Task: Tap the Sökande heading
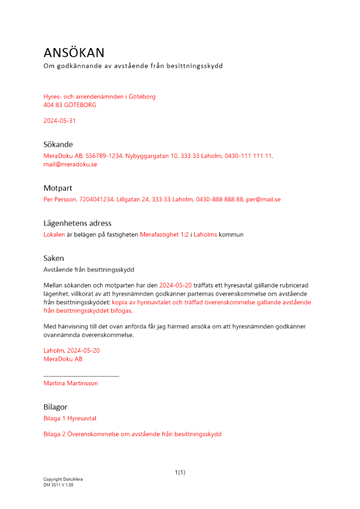(58, 145)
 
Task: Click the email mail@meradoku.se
(70, 164)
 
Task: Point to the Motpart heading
(58, 188)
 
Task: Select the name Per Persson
(60, 200)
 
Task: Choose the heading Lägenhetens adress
(77, 223)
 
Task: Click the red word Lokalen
(54, 235)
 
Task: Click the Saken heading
(53, 258)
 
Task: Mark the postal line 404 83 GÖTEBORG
(70, 105)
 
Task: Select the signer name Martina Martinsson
(71, 383)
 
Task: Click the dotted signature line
(81, 376)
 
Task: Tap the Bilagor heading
(56, 407)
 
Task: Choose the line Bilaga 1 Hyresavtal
(70, 418)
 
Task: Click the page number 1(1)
(180, 473)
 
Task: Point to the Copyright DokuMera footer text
(63, 479)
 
